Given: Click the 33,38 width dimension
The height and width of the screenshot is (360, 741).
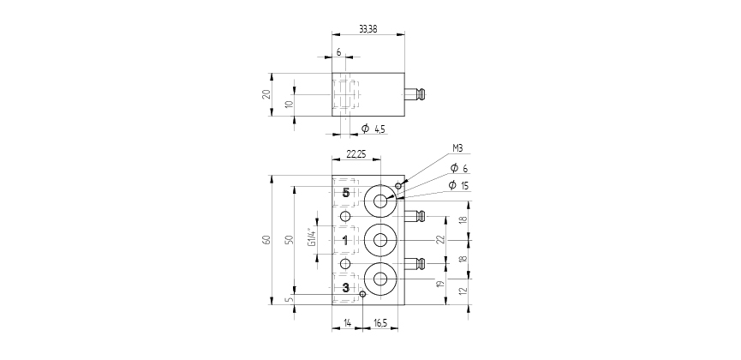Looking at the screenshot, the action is (368, 29).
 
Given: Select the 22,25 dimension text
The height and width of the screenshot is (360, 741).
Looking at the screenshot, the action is (356, 153).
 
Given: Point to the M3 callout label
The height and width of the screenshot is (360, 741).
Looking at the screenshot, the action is (457, 148).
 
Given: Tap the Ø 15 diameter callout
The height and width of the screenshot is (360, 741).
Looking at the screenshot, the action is (458, 185).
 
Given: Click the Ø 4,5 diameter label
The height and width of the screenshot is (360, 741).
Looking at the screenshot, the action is (373, 129).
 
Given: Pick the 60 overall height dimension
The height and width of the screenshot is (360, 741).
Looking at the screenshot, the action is (266, 239).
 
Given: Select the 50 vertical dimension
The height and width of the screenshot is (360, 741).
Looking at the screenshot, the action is (290, 239).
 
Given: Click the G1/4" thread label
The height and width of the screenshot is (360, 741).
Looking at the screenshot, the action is (312, 237).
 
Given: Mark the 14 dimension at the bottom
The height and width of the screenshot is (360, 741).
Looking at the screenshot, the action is (347, 323).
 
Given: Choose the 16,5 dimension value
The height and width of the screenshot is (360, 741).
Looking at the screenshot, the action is (380, 323).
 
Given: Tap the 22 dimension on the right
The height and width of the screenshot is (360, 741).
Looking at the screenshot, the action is (440, 240).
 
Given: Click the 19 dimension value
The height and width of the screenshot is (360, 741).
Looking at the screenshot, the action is (440, 285).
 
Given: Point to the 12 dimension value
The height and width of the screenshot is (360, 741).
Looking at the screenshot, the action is (463, 291).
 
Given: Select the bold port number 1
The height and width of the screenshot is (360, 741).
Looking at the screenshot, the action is (345, 240).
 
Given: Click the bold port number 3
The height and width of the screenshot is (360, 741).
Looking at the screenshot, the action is (346, 288).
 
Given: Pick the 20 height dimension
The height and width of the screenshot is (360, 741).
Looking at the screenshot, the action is (266, 94).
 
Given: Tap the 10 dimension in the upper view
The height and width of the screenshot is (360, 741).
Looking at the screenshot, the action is (290, 104).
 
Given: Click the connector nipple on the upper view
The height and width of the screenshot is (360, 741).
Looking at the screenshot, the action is (415, 94).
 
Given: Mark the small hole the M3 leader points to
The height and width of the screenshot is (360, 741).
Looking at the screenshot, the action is (398, 186).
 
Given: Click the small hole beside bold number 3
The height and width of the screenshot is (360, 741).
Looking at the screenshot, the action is (362, 294).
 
